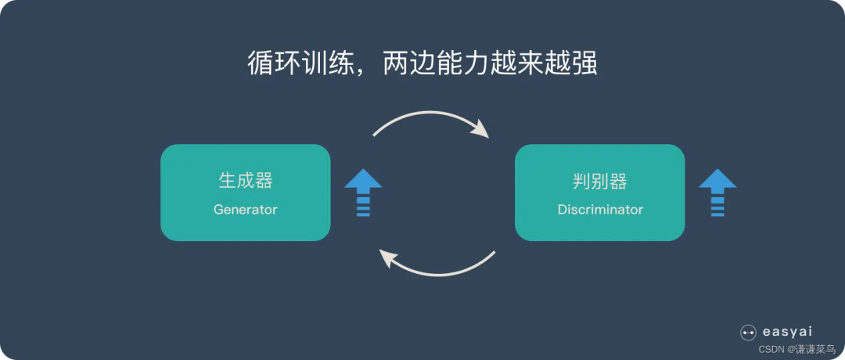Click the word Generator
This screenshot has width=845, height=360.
(245, 209)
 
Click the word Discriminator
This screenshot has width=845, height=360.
(600, 209)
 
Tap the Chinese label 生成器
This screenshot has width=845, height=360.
(245, 181)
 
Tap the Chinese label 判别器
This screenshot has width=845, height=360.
(600, 181)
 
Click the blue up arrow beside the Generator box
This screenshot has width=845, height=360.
(363, 193)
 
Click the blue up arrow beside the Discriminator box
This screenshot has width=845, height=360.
(717, 193)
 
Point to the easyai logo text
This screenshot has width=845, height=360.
(787, 332)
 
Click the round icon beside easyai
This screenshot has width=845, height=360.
(749, 333)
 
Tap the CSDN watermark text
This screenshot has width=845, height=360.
(796, 349)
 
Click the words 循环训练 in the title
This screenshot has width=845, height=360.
(300, 64)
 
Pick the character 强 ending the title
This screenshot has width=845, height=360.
(584, 64)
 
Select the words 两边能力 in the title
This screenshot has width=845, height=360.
(436, 64)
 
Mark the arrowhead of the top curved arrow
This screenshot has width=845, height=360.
(480, 130)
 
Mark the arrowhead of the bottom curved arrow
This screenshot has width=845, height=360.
(389, 258)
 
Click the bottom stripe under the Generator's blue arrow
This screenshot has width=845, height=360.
(363, 214)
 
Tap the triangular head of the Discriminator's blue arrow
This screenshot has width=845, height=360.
(717, 178)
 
